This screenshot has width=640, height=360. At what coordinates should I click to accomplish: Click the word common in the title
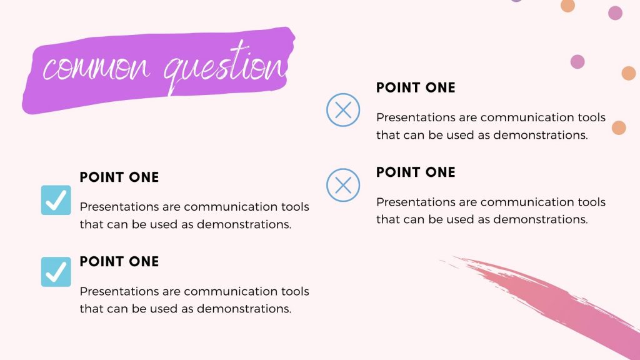[x=96, y=68]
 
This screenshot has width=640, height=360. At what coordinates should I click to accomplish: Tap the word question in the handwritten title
[x=225, y=68]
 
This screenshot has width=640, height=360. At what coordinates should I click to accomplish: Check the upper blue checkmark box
[x=56, y=200]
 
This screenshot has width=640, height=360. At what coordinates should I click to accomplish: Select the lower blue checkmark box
[x=56, y=272]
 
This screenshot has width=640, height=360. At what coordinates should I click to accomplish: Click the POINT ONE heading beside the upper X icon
[x=416, y=87]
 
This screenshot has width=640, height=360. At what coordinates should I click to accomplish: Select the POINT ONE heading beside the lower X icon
[x=416, y=172]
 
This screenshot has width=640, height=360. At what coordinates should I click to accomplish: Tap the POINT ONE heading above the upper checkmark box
[x=119, y=177]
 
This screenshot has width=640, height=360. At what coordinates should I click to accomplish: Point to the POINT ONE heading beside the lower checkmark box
[x=119, y=262]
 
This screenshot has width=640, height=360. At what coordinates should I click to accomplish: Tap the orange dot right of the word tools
[x=619, y=127]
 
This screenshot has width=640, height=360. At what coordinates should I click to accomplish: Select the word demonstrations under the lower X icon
[x=541, y=219]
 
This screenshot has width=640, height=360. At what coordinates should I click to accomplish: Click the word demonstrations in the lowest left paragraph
[x=244, y=309]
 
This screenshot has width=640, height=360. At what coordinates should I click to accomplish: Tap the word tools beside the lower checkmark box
[x=295, y=291]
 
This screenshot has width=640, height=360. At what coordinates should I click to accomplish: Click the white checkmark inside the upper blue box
[x=56, y=200]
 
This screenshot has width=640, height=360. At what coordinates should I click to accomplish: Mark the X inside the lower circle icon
[x=343, y=185]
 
